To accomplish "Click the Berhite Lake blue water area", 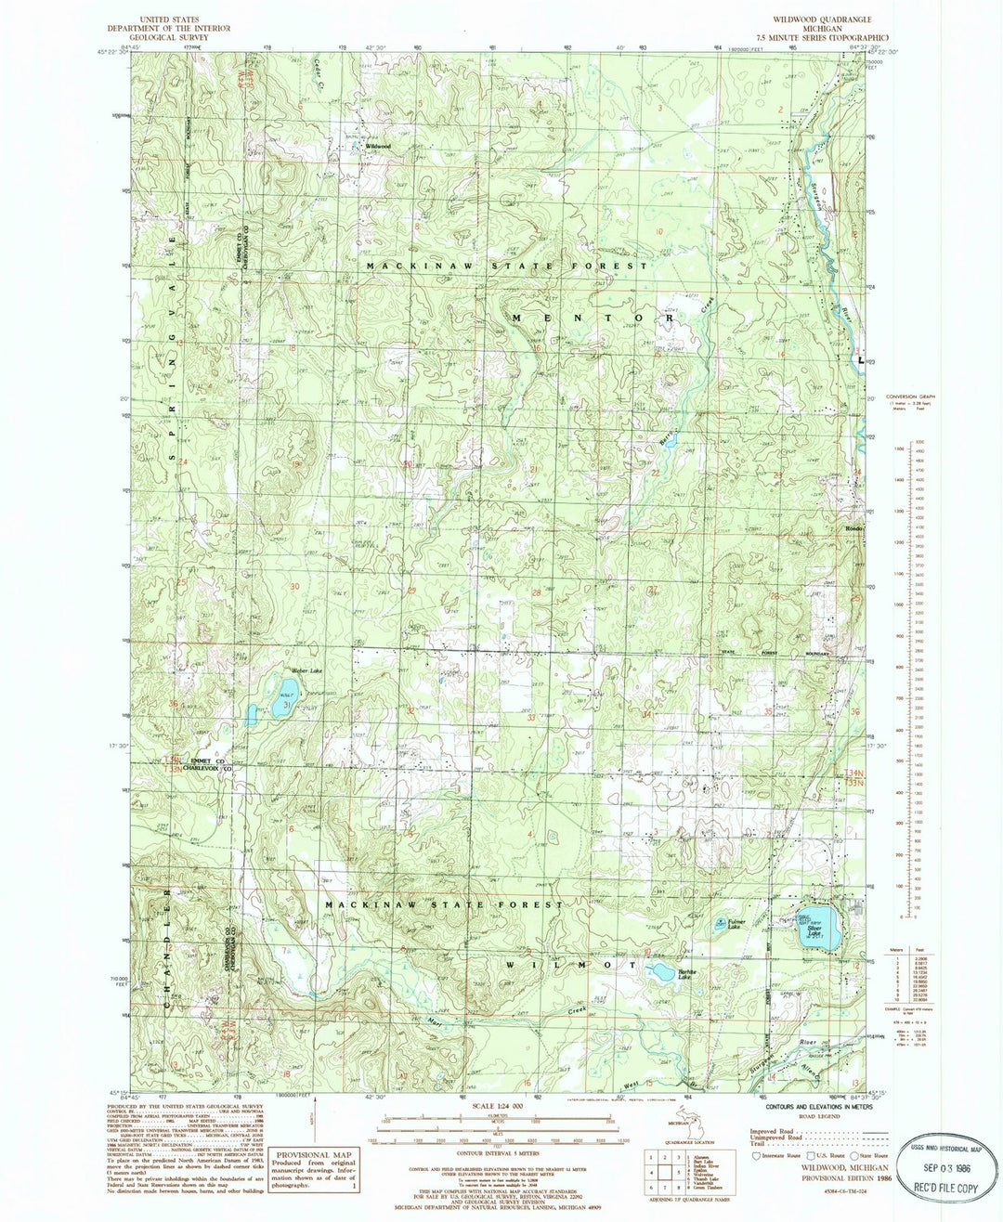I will [662, 972].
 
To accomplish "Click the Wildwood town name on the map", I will [378, 147].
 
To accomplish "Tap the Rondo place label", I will [854, 529].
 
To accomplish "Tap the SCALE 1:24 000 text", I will [500, 1106].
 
